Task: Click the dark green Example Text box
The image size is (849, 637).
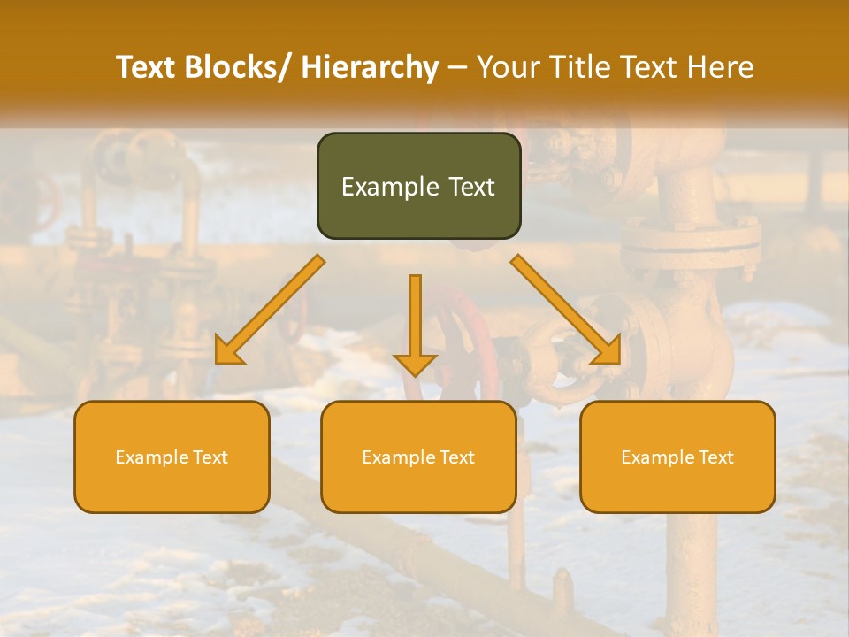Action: [418, 186]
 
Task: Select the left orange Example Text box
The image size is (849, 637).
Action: [172, 457]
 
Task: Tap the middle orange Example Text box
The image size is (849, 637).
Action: [418, 457]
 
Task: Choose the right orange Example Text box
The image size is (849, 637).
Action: [677, 457]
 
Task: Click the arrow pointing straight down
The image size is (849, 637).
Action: [415, 324]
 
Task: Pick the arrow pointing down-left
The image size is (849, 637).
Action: [270, 310]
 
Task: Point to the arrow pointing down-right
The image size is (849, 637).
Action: [566, 310]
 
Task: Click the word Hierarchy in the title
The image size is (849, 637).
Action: [370, 67]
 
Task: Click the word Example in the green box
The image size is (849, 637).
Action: [390, 187]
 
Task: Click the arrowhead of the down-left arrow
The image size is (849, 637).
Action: [228, 352]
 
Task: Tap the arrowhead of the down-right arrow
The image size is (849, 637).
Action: [608, 352]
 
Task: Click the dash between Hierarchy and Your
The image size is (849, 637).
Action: [457, 67]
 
